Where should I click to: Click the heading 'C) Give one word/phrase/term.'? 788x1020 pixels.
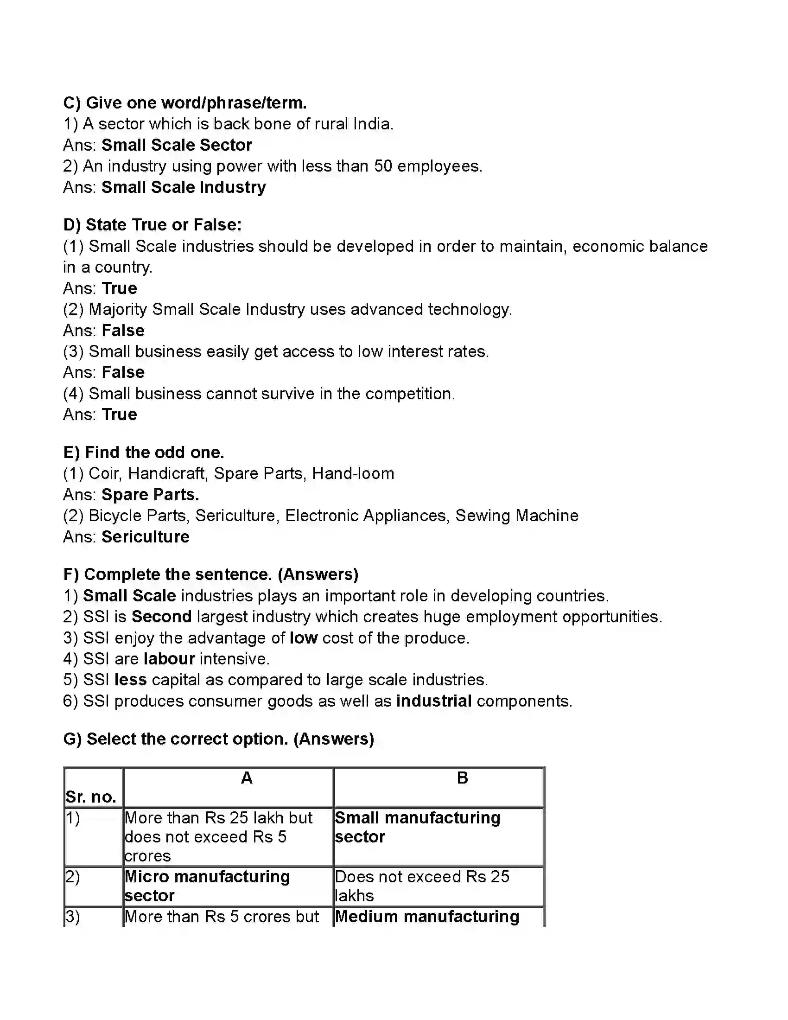coord(185,103)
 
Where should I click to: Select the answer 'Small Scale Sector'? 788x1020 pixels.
coord(177,145)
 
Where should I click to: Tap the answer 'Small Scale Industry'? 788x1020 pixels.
coord(184,187)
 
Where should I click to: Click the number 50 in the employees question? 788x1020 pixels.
coord(383,166)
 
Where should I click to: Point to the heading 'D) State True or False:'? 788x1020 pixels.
coord(153,225)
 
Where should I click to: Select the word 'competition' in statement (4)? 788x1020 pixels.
coord(409,394)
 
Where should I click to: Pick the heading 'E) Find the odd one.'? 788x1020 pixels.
coord(144,453)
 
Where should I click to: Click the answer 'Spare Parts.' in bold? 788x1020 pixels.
coord(150,495)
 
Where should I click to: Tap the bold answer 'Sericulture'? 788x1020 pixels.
coord(146,537)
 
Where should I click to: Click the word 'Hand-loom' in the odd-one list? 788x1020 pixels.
coord(353,473)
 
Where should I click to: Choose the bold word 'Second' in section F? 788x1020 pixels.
coord(161,617)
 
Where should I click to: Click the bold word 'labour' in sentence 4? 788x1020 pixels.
coord(169,659)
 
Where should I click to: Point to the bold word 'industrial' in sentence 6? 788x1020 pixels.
coord(434,701)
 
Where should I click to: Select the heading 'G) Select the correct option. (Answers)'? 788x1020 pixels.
coord(218,739)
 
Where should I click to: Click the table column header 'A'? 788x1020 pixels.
coord(247,778)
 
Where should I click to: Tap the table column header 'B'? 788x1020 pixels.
coord(462,778)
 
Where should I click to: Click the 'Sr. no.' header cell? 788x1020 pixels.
coord(91,797)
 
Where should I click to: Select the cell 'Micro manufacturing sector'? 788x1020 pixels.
coord(207,886)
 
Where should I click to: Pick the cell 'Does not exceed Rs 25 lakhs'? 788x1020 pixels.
coord(422,886)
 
